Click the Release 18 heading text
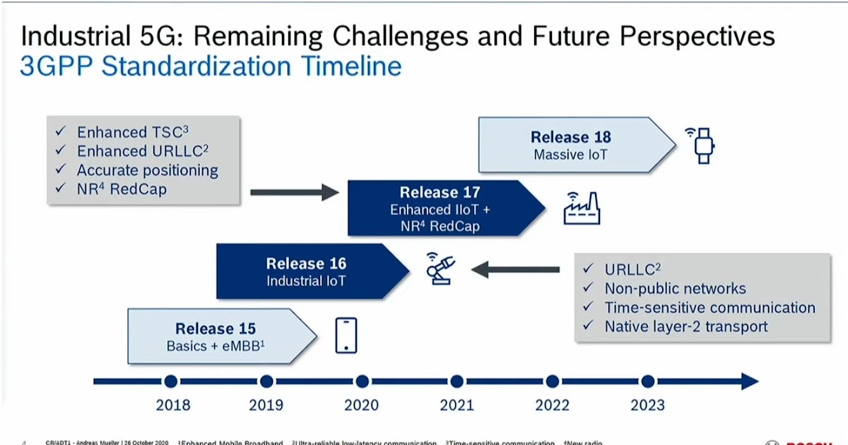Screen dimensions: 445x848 point(570,137)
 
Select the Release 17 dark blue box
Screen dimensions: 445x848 point(438,208)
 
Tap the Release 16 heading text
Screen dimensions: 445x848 point(306,263)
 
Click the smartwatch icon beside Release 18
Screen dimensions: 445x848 point(702,145)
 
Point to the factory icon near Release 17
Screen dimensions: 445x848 point(580,208)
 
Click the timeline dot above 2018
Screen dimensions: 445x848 point(170,382)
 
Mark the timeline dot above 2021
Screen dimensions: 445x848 point(457,382)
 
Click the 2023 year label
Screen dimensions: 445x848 point(647,405)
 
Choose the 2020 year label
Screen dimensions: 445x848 point(361,405)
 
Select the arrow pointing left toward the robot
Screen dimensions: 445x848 point(515,269)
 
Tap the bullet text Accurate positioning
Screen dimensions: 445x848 point(147,170)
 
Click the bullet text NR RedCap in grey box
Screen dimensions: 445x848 point(122,189)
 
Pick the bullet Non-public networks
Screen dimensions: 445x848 point(674,288)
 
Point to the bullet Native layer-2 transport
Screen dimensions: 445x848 point(685,326)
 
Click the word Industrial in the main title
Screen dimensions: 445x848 point(71,35)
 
